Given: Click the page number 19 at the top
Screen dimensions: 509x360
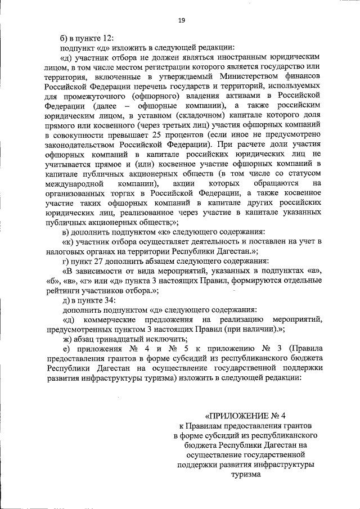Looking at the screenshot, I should [181, 20].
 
